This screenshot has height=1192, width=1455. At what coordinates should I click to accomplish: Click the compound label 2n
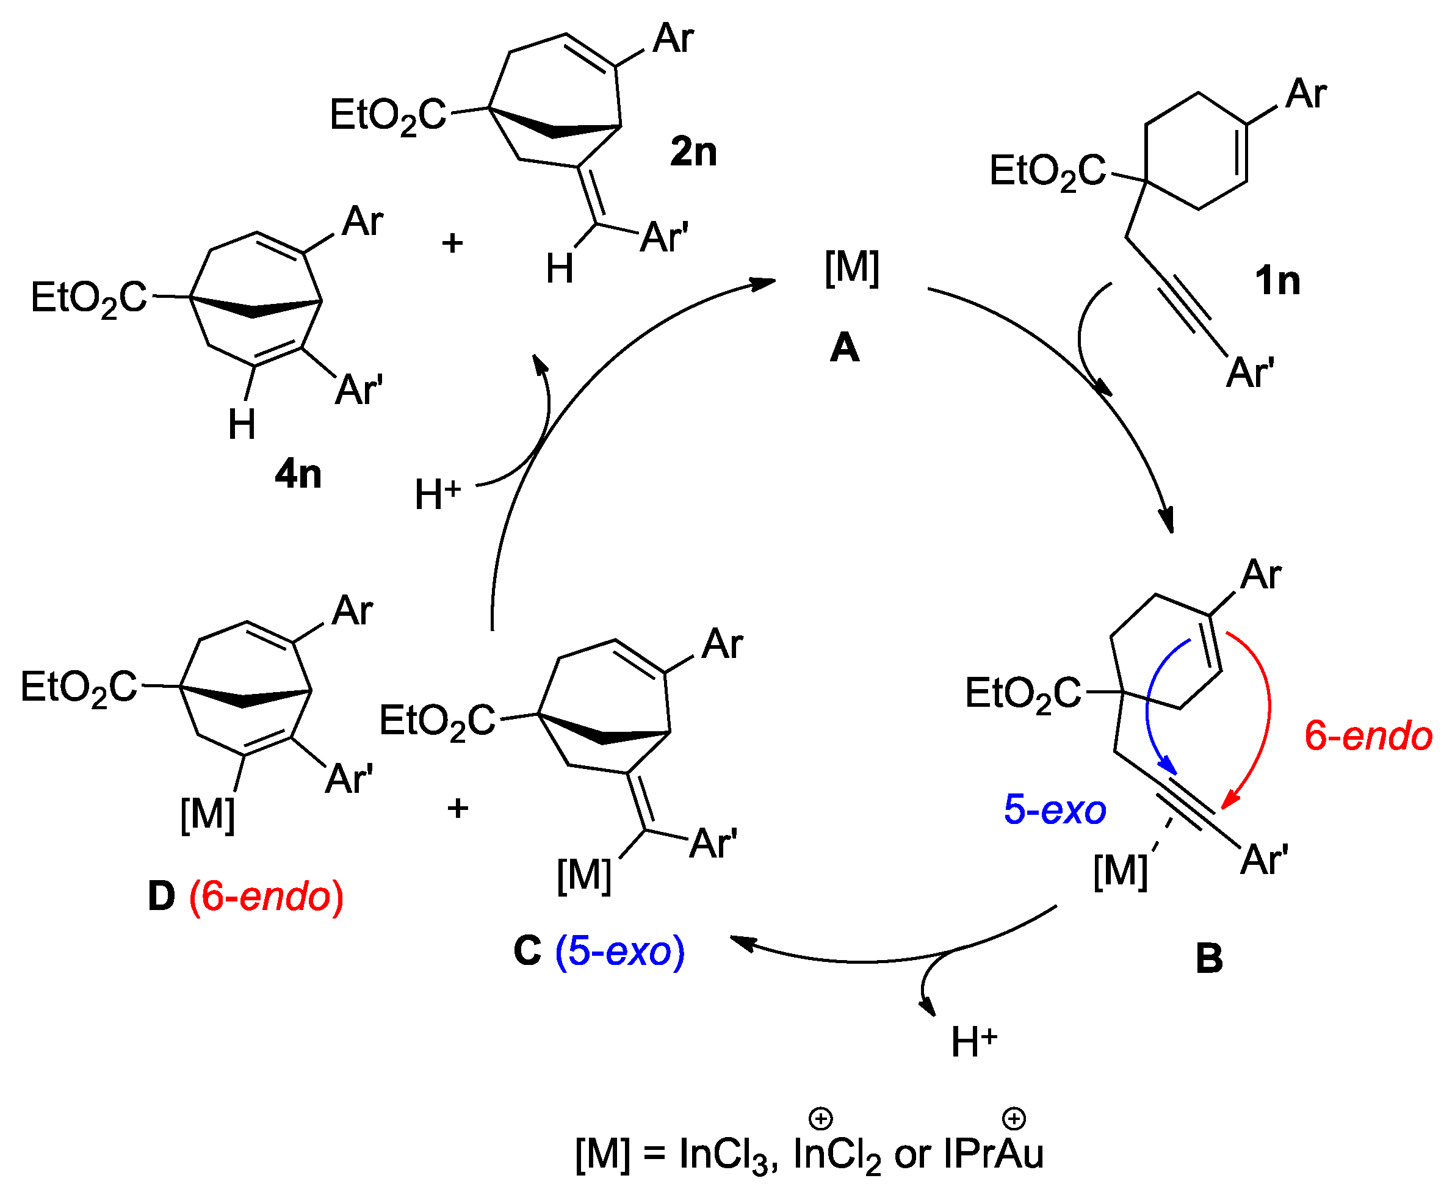(693, 152)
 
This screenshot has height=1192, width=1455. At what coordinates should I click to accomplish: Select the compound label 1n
(1277, 281)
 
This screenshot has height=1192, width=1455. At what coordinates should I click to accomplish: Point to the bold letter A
(844, 347)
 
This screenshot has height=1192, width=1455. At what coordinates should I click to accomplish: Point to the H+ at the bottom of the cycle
(973, 1042)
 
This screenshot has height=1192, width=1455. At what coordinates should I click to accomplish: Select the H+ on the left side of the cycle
(438, 494)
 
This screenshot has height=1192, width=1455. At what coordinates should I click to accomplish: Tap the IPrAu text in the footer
(994, 1154)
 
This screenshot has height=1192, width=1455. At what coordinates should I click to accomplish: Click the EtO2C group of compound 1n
(1047, 171)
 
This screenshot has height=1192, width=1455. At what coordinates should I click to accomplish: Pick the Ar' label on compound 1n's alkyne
(1250, 373)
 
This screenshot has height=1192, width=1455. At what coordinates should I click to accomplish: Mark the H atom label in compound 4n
(242, 424)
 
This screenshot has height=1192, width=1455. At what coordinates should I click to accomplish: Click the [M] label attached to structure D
(208, 815)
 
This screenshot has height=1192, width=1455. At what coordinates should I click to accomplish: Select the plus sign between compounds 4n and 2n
(452, 243)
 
